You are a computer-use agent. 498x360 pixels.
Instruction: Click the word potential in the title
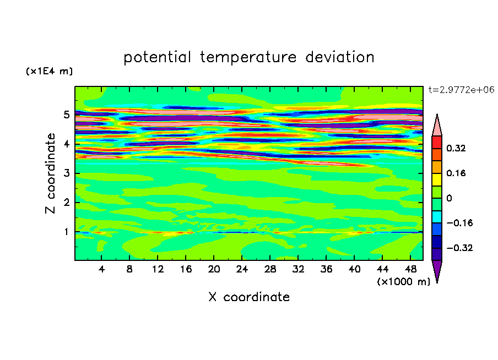coord(157,58)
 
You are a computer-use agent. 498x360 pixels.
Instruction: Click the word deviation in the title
coord(340,57)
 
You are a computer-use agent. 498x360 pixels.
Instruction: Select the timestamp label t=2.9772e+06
coord(462,90)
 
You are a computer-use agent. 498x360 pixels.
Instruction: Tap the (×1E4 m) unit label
coord(49,71)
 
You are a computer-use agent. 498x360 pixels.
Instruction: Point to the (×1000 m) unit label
coord(403,282)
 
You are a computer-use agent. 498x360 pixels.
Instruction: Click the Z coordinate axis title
coord(50,173)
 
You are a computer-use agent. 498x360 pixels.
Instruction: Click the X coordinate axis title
coord(249,297)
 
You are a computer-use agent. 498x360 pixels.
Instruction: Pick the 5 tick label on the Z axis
coord(66,114)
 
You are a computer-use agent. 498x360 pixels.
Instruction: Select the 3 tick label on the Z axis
coord(66,173)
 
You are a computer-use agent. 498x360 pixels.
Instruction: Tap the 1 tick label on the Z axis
coord(66,232)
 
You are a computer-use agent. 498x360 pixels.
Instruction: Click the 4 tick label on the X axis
coord(101,269)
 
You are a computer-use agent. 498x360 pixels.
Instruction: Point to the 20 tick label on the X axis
coord(214,269)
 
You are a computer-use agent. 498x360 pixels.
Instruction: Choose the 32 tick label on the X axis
coord(298,269)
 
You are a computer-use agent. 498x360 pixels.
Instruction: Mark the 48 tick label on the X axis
coord(410,269)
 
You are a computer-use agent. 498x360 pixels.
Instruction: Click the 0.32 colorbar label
coord(456,148)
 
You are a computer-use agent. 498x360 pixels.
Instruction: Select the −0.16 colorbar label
coord(459,223)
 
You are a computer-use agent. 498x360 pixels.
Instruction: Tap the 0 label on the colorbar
coord(449,198)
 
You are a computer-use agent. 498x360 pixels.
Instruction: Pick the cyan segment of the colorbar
coord(437,217)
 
